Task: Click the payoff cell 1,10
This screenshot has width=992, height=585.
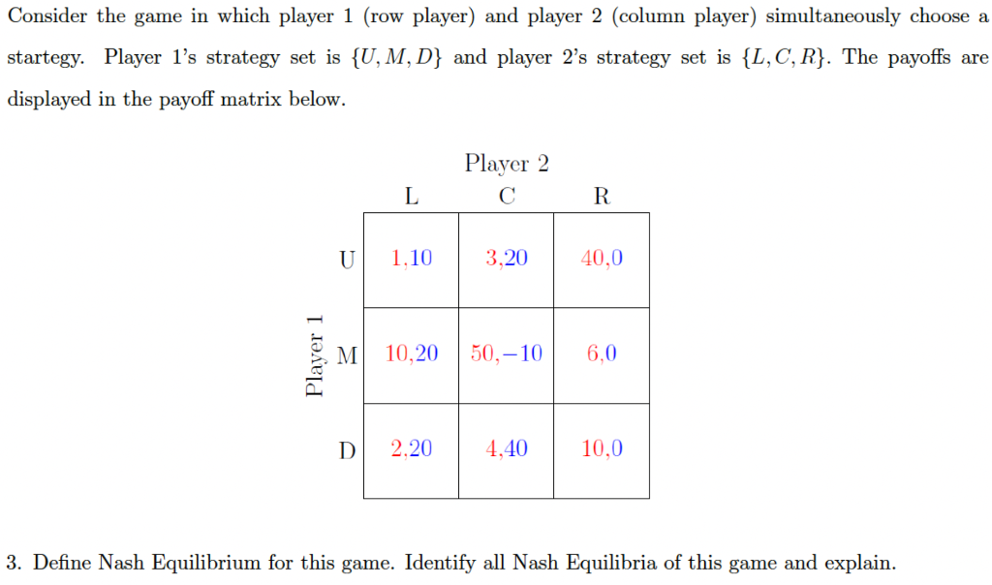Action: (x=412, y=259)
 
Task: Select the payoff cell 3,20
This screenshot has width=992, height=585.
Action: (x=507, y=259)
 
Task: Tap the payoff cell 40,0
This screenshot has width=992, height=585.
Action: (x=602, y=259)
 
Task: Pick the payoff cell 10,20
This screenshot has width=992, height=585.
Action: (x=412, y=354)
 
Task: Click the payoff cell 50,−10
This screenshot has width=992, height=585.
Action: (x=507, y=354)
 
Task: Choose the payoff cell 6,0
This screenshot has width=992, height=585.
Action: (x=602, y=354)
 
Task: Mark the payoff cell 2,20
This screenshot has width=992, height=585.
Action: (x=412, y=448)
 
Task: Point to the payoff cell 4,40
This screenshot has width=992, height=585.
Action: (x=507, y=448)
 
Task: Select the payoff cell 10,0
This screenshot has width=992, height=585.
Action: (x=602, y=448)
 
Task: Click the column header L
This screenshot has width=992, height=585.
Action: (x=412, y=197)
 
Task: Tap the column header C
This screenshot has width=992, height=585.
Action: (x=507, y=197)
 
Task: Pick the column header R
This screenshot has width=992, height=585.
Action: (x=602, y=197)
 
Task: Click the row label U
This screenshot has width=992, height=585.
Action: (x=346, y=259)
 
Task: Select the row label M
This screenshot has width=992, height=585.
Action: (x=347, y=354)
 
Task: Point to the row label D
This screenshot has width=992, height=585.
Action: (x=346, y=449)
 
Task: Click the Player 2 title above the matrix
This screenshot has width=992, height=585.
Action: (x=507, y=163)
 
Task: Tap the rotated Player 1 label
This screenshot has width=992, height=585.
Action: (x=314, y=355)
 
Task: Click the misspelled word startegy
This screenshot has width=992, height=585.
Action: (x=45, y=58)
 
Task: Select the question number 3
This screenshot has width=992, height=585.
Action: (x=14, y=563)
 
